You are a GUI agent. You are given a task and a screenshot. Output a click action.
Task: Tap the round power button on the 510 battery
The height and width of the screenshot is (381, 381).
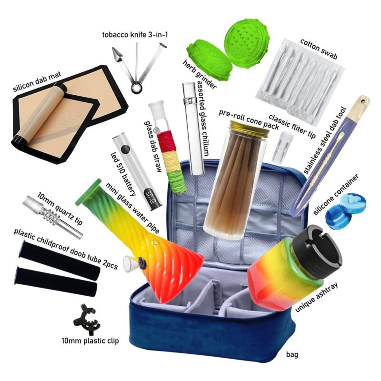coord(125,149)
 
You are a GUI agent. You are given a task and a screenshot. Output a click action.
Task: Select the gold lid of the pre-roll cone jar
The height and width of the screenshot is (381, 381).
coord(250,127)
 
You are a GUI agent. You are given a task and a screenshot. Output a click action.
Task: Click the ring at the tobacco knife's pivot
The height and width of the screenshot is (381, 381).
coord(137,88)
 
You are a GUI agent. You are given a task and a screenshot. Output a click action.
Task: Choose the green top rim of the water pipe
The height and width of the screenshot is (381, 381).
coord(88,192)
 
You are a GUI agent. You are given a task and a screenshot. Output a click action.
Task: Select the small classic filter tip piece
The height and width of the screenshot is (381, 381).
coord(283,147)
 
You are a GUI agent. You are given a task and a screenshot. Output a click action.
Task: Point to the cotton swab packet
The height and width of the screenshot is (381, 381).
coord(301,82)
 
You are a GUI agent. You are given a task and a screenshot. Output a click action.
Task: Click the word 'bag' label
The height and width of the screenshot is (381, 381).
coord(292,354)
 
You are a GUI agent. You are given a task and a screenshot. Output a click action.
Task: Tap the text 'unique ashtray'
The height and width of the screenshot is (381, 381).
coord(316,297)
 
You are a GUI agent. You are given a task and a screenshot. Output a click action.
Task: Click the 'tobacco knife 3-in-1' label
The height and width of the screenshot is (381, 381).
coord(135,35)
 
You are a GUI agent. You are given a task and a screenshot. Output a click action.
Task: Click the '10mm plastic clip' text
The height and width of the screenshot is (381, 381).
coord(90,341)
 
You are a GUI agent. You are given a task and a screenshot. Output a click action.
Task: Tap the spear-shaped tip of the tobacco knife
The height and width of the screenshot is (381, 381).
coord(117,54)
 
